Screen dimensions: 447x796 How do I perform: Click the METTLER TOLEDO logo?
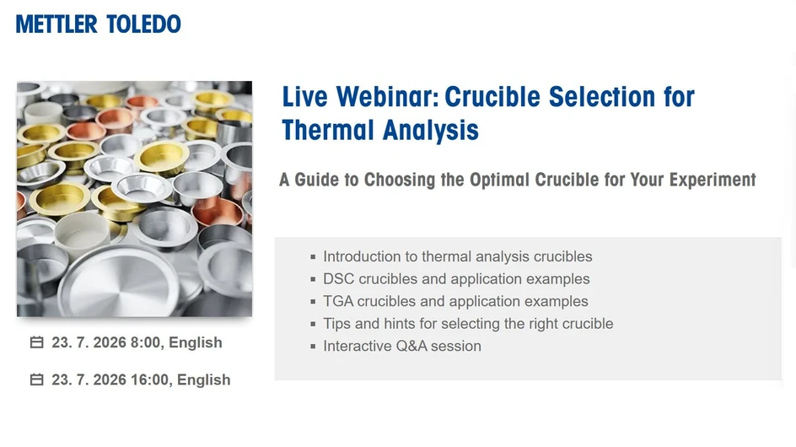98,24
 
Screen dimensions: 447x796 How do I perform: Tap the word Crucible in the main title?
492,97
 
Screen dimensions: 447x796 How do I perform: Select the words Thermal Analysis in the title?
380,131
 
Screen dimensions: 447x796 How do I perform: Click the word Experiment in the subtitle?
713,180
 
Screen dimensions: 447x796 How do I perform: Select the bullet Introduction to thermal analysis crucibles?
457,256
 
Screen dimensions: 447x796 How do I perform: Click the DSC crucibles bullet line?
455,279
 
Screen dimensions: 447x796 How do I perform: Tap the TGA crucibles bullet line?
455,301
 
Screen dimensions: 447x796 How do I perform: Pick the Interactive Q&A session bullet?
401,346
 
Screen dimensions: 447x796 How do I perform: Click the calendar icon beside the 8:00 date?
36,342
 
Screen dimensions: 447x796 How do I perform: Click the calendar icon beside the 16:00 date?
36,380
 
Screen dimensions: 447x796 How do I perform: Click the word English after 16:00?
203,380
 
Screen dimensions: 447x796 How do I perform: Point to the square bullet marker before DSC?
314,279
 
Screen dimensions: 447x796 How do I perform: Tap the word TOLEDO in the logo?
143,24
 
